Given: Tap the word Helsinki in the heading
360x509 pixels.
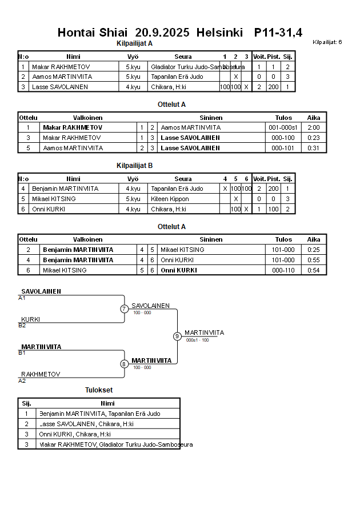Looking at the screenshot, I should pos(219,33).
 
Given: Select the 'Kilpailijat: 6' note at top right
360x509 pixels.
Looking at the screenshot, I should pos(327,42).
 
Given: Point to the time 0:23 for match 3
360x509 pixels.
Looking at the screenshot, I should pos(314,138).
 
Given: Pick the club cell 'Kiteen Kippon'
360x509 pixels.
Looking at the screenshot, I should pos(170,199).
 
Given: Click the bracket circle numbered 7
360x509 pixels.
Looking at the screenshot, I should pos(124,309).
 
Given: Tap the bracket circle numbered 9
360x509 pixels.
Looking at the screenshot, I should pos(177,336).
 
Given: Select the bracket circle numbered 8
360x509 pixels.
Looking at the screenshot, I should pos(124,363).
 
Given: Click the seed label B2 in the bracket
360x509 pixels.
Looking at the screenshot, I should pos(22,325).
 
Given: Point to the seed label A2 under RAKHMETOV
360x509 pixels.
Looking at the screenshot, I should pos(22,380).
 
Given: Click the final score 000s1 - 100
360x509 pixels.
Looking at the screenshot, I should pos(197,340).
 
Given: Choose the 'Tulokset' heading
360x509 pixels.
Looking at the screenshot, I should pos(99,390).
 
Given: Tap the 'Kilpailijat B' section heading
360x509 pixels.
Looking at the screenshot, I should pos(134,166).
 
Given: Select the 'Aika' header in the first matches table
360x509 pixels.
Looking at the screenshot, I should pos(314,117).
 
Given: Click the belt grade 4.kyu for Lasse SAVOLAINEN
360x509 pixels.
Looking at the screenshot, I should pos(133,87).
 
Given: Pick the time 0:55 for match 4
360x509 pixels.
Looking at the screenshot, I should pos(314,260).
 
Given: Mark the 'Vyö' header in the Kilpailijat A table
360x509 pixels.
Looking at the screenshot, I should pos(133,57).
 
